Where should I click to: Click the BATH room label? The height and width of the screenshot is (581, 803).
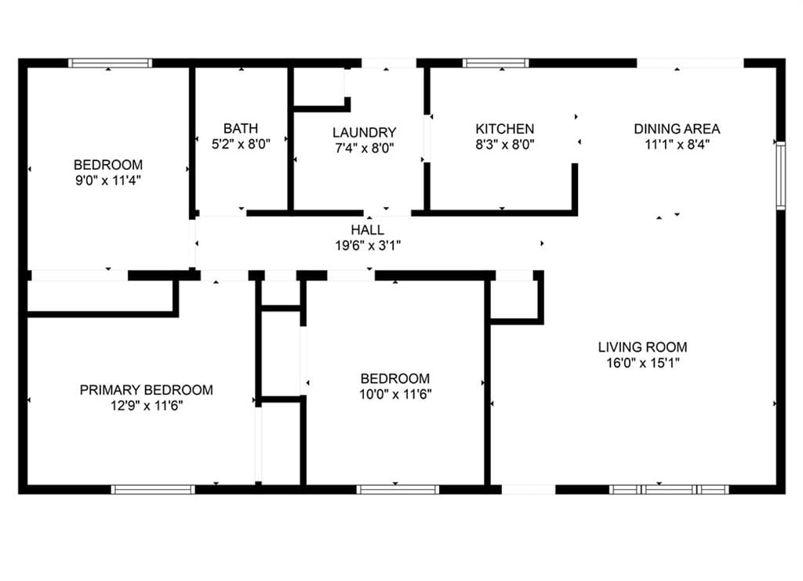click(x=240, y=128)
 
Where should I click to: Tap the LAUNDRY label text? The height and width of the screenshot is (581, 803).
click(x=364, y=133)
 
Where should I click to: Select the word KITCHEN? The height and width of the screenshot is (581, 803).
click(x=504, y=129)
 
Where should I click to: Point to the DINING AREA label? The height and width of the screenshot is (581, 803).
click(x=677, y=129)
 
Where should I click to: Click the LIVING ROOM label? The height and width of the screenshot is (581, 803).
click(x=642, y=347)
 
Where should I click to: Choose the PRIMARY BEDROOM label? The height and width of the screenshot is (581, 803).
click(x=146, y=390)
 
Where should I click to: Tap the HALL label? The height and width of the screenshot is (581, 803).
click(x=367, y=230)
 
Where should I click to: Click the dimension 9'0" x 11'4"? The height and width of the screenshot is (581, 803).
click(x=108, y=181)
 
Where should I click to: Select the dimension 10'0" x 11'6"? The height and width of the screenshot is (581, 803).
click(x=395, y=394)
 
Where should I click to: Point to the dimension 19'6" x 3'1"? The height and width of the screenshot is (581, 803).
click(x=367, y=246)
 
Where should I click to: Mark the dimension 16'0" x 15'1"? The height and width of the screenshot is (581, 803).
click(x=642, y=363)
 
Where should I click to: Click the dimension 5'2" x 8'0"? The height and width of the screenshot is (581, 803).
click(x=240, y=144)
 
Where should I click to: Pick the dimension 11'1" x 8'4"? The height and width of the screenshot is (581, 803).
click(x=677, y=144)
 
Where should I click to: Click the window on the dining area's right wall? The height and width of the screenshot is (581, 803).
click(x=780, y=176)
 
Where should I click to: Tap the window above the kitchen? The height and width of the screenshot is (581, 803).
click(x=496, y=63)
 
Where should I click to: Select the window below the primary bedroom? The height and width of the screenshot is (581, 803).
click(x=153, y=489)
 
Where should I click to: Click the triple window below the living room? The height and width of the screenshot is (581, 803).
click(x=669, y=489)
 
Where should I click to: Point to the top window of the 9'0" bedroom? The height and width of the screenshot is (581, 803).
click(x=110, y=63)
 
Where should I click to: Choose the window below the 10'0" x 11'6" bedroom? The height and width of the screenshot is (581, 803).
click(x=398, y=489)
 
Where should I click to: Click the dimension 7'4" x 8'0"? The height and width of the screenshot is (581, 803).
click(x=364, y=148)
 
